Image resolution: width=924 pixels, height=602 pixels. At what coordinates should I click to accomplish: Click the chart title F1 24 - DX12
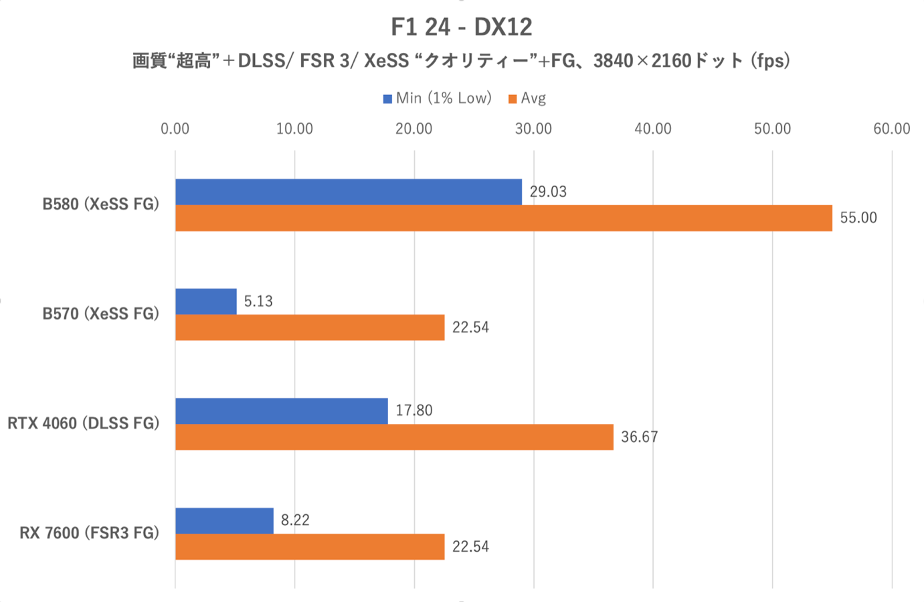click(462, 27)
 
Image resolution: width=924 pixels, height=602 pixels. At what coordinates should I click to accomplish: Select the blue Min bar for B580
click(348, 192)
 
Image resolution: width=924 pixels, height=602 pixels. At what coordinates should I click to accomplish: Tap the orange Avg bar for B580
click(503, 218)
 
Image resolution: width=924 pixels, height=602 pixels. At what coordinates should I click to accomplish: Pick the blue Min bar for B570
click(206, 301)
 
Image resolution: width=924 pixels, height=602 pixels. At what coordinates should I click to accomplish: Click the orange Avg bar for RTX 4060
click(394, 437)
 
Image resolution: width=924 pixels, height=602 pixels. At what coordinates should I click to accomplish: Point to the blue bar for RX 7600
click(224, 520)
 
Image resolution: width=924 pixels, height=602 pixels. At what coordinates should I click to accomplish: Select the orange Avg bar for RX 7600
click(310, 546)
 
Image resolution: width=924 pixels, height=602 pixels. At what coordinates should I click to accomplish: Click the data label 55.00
click(858, 218)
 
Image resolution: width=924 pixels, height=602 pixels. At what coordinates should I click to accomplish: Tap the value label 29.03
click(548, 192)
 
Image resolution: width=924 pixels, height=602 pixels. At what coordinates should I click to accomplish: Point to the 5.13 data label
click(258, 301)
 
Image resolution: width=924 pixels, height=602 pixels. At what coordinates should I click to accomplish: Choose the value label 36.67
click(639, 437)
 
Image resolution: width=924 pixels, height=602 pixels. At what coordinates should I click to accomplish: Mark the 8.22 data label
click(295, 520)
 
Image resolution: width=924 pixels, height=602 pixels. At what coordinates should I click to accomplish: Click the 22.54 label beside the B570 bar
click(470, 327)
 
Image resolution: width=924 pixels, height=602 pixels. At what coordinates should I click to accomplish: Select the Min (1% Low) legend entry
click(438, 98)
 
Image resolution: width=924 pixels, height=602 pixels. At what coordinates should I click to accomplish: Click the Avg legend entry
click(528, 98)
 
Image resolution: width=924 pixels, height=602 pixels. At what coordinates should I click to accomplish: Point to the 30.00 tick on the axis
click(533, 129)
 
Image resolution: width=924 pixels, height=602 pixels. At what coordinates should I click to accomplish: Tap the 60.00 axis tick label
click(891, 129)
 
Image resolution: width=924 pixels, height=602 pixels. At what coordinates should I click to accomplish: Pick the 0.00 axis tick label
click(175, 129)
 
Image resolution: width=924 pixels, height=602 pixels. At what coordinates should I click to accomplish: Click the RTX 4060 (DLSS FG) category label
click(84, 423)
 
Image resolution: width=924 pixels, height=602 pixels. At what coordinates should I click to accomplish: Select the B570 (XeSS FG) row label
click(100, 313)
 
